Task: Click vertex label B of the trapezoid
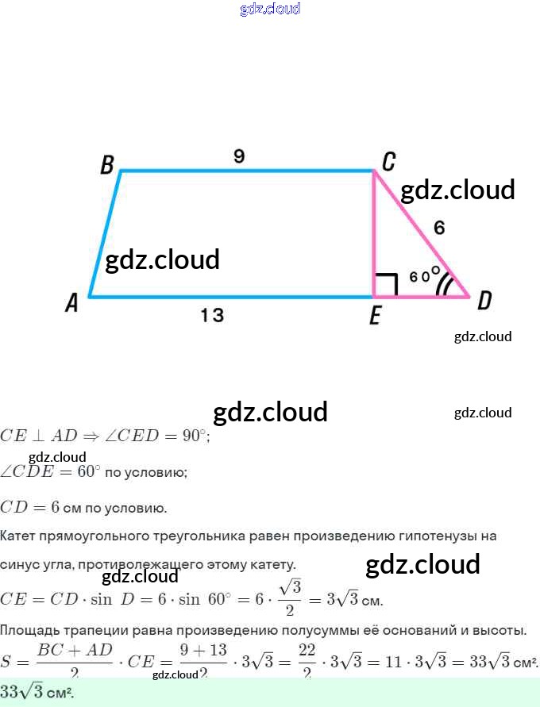click(107, 165)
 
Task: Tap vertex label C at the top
click(388, 163)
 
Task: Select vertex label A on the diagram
click(72, 303)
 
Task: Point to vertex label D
click(484, 301)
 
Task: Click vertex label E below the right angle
click(375, 317)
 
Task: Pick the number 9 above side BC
click(239, 156)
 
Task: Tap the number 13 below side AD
click(212, 315)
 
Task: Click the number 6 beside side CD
click(439, 228)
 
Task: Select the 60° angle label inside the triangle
click(425, 275)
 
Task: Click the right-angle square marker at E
click(385, 285)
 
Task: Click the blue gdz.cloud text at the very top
click(270, 9)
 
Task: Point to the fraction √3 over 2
click(291, 597)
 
